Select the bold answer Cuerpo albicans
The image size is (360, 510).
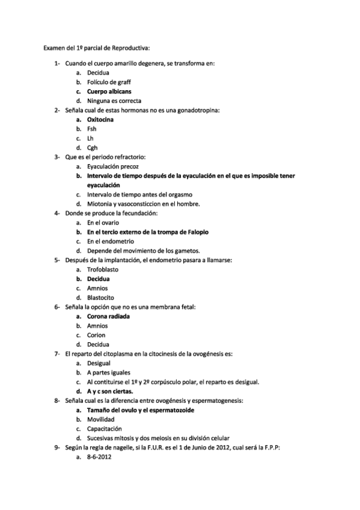(109, 91)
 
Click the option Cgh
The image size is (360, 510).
(92, 147)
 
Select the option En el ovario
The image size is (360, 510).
(103, 222)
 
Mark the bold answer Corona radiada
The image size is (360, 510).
(108, 316)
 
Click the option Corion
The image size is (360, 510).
(96, 335)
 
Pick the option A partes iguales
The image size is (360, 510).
(109, 372)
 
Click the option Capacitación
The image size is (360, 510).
(105, 428)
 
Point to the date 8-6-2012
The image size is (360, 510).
(99, 456)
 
